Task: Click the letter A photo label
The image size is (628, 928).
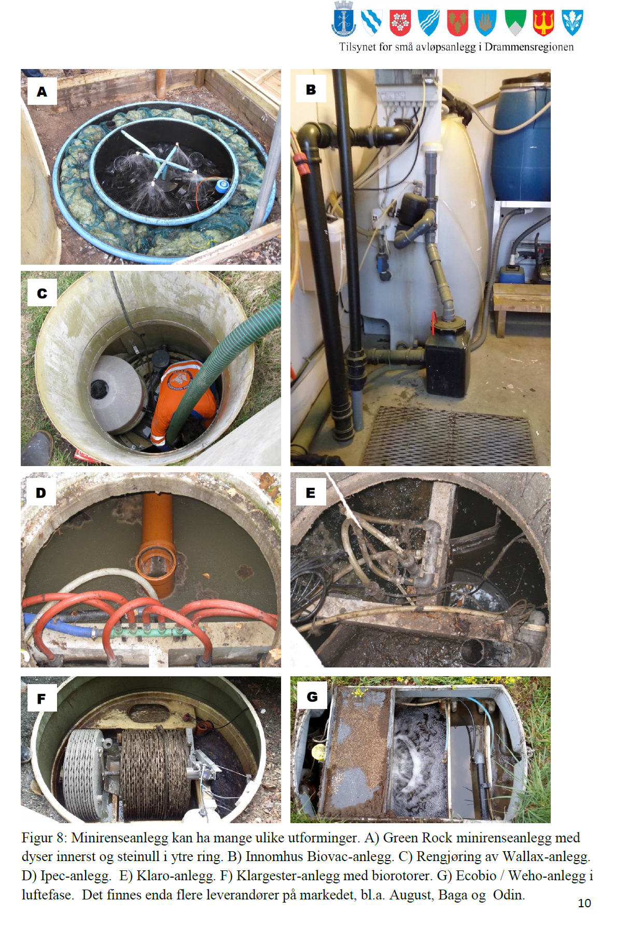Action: [42, 92]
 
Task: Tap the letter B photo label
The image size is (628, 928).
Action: [311, 89]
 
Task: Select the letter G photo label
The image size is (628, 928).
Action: [312, 697]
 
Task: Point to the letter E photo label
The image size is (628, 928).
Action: [311, 493]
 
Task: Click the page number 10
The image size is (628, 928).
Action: [584, 903]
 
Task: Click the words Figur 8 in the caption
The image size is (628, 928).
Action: [44, 838]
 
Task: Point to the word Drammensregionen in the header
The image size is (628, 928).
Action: [529, 47]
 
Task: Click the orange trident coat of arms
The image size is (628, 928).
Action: [543, 23]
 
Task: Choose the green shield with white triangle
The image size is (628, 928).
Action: [515, 23]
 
